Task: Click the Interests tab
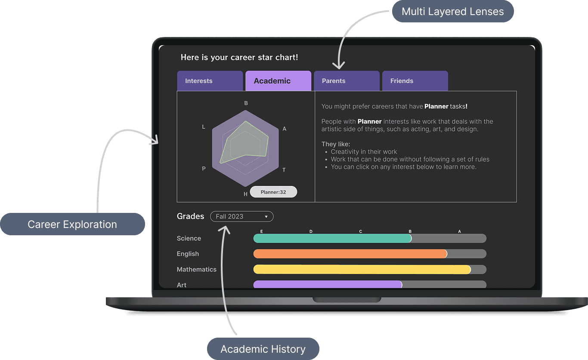[210, 81]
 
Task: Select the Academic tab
[278, 81]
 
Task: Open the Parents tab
[347, 81]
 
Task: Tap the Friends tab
[415, 81]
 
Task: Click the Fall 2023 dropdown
[241, 216]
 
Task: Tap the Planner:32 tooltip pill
[273, 192]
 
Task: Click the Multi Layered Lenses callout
[452, 12]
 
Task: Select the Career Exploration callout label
[72, 224]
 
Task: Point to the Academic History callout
[263, 349]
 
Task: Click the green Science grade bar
[332, 238]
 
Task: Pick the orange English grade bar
[350, 254]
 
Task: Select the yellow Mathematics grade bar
[362, 269]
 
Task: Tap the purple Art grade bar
[328, 284]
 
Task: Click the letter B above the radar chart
[246, 103]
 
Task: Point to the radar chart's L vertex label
[204, 127]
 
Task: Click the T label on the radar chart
[284, 170]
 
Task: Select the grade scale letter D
[311, 231]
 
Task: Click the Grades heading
[190, 216]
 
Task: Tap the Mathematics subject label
[196, 269]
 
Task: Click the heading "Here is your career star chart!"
[239, 57]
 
